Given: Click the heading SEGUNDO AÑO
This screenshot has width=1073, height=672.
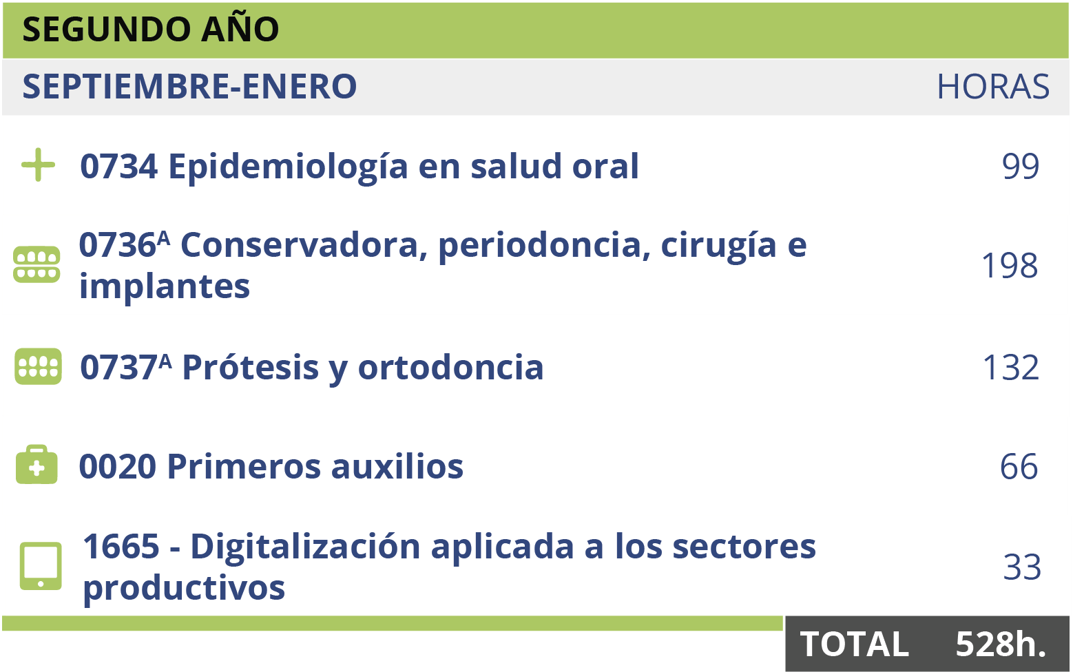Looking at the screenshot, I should (x=150, y=30).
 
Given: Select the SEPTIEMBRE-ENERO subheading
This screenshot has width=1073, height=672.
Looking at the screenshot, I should (x=189, y=87).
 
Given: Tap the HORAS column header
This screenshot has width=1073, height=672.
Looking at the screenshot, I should (x=992, y=87).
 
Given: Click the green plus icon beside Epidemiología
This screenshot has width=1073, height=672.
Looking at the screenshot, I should (x=38, y=165).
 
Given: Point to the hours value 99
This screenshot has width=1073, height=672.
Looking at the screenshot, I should (x=1020, y=166).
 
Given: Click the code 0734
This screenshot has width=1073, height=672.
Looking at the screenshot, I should (x=118, y=167).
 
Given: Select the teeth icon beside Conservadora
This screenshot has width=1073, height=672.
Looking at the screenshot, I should (x=37, y=264).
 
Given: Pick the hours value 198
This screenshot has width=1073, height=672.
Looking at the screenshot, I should (x=1009, y=266).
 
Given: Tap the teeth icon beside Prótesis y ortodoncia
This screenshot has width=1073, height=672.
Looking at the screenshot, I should (x=38, y=366).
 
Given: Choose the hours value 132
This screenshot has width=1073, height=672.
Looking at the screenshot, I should (x=1010, y=368).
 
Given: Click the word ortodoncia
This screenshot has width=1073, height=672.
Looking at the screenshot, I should (x=450, y=368).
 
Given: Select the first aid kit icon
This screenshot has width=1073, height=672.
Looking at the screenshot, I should (x=37, y=465).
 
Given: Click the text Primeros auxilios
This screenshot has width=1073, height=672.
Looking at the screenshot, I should (x=315, y=467).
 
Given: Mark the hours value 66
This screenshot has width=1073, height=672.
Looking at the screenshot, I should (x=1019, y=467).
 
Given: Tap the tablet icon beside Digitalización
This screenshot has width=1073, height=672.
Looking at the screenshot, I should (x=41, y=566).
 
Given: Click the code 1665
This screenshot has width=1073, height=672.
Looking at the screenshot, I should (x=121, y=547).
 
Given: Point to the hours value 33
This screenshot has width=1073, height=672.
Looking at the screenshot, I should (x=1021, y=567).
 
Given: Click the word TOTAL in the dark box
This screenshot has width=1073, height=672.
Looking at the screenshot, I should (x=854, y=644).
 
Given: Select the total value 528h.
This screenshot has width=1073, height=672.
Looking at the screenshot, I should (x=1001, y=644).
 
